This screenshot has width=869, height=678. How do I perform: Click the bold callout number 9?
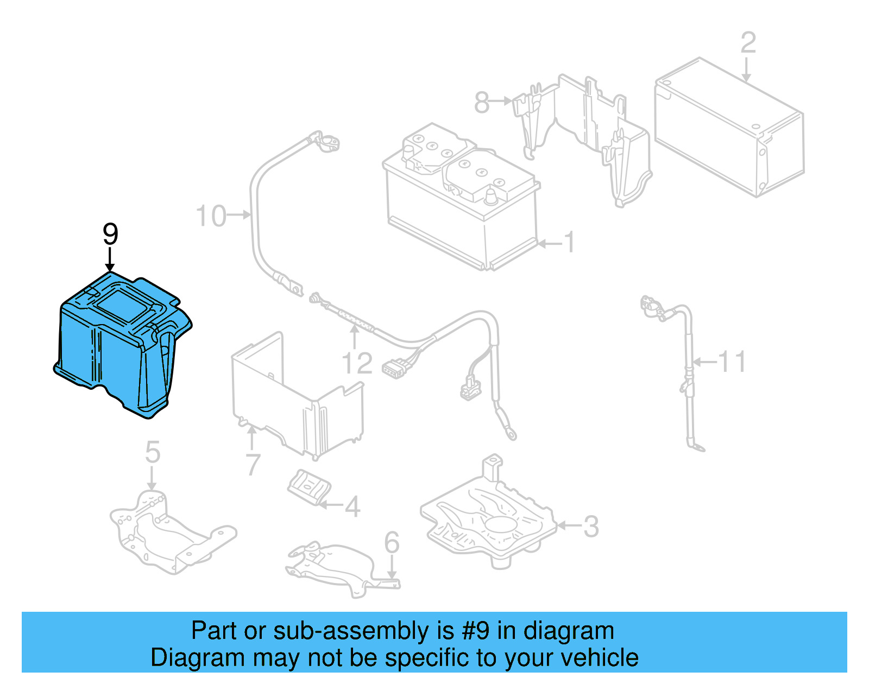pyautogui.click(x=110, y=235)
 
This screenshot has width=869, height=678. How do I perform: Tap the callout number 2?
pyautogui.click(x=748, y=42)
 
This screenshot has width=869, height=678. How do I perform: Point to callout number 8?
pyautogui.click(x=482, y=102)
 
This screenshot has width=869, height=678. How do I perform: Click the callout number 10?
pyautogui.click(x=211, y=216)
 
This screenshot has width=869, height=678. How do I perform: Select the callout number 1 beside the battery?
pyautogui.click(x=569, y=243)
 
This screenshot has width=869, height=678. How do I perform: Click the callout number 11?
pyautogui.click(x=732, y=362)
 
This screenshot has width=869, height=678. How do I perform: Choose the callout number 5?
pyautogui.click(x=153, y=452)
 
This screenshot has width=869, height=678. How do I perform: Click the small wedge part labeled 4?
pyautogui.click(x=309, y=486)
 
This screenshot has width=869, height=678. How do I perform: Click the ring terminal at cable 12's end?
pyautogui.click(x=511, y=433)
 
